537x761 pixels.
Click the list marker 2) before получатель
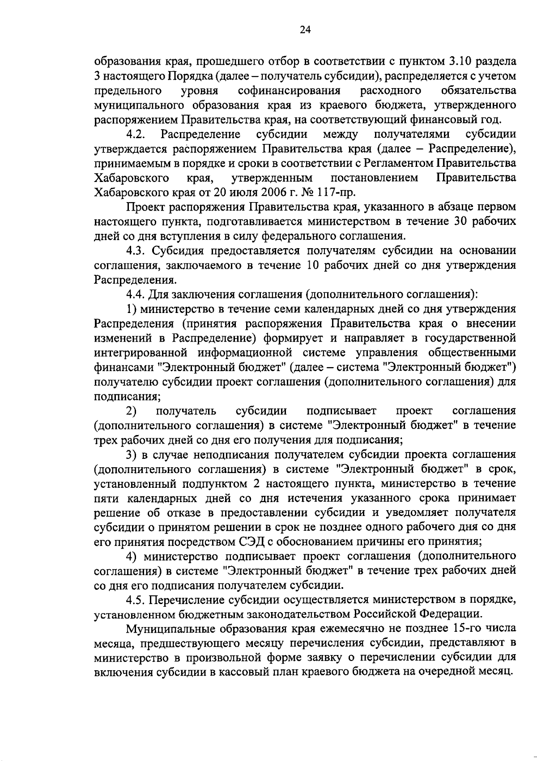tap(131, 411)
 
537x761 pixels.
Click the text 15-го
tap(468, 629)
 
